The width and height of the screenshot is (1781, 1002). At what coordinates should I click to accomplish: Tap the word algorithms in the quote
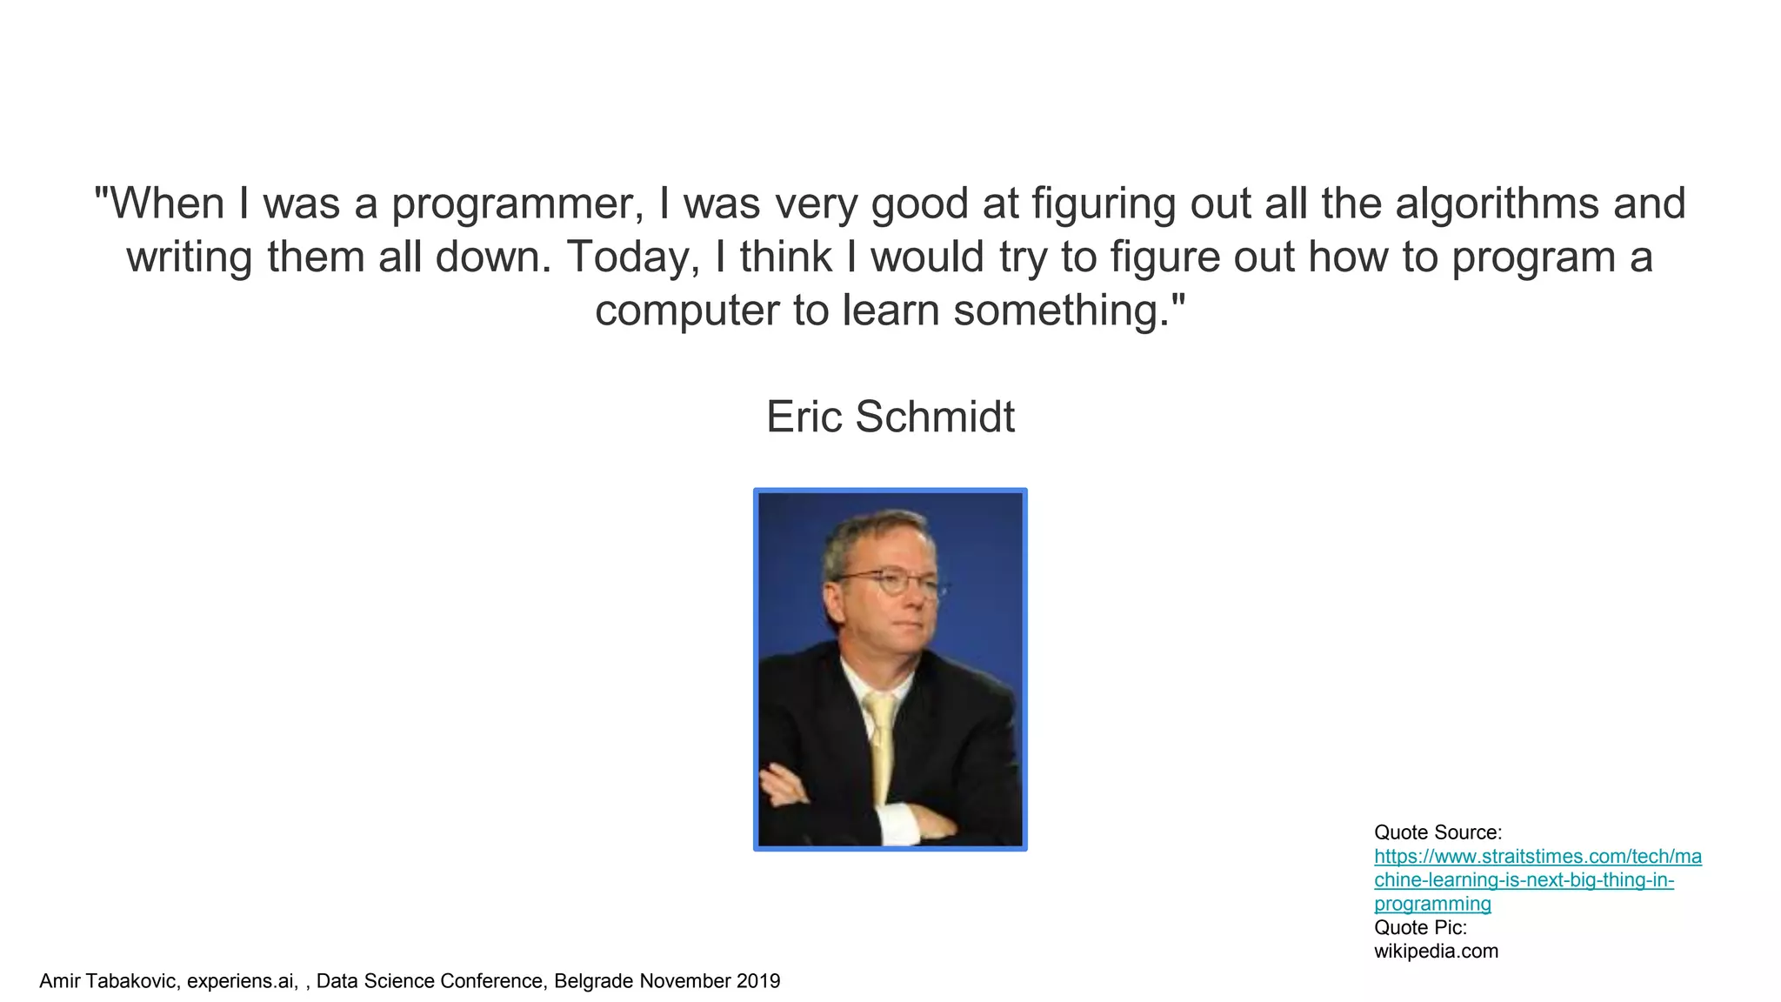tap(1493, 204)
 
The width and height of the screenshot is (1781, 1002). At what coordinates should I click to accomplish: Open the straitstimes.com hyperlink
tap(1537, 880)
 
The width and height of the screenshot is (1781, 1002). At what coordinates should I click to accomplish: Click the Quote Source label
tap(1437, 832)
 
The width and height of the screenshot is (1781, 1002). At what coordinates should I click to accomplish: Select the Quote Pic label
tap(1420, 928)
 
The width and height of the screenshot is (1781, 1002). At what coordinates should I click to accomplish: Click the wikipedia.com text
tap(1436, 952)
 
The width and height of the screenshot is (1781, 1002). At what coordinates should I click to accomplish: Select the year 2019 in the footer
tap(758, 982)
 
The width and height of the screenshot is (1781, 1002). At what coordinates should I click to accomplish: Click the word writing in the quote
tap(188, 258)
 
